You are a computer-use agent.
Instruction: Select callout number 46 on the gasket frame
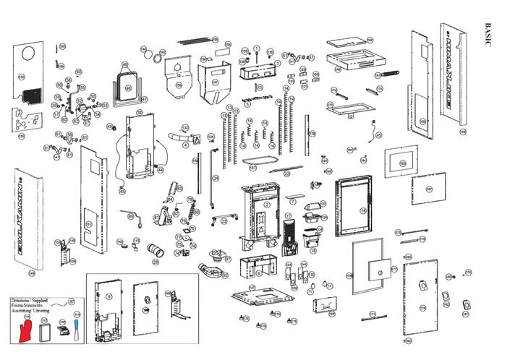pyautogui.click(x=128, y=89)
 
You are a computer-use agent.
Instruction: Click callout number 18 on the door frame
pyautogui.click(x=363, y=210)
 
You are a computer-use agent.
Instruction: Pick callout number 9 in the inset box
pyautogui.click(x=109, y=296)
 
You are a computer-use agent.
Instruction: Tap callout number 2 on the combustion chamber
pyautogui.click(x=267, y=205)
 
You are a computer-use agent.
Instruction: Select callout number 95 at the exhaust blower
pyautogui.click(x=227, y=257)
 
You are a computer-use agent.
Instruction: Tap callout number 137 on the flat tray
pyautogui.click(x=252, y=167)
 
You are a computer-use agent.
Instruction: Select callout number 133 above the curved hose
pyautogui.click(x=184, y=127)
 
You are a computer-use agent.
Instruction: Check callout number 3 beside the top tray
pyautogui.click(x=277, y=63)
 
